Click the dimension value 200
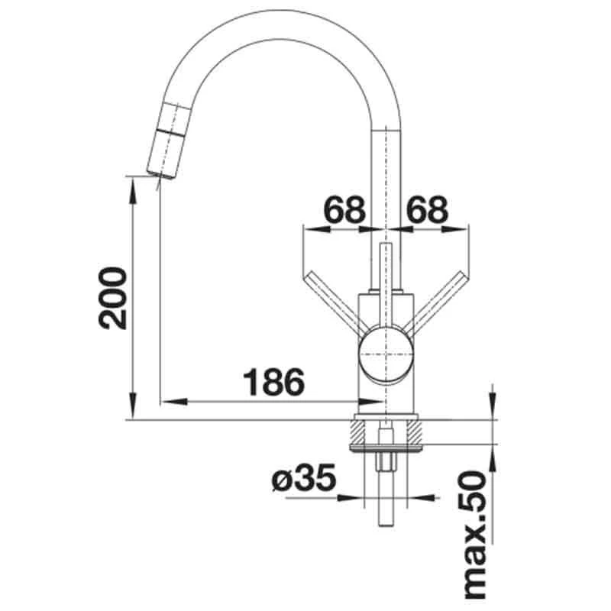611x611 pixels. click(x=113, y=298)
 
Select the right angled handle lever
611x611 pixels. click(x=438, y=300)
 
